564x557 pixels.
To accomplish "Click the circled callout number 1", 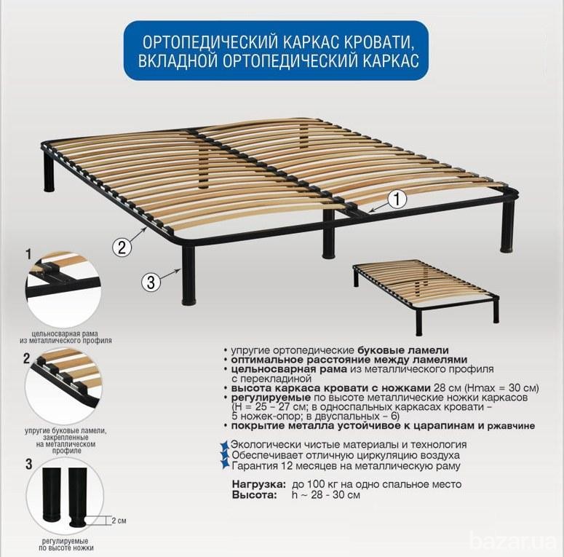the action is tap(397, 199).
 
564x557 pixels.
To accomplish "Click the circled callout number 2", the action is tap(122, 248).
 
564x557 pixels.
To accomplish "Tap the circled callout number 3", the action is tap(151, 282).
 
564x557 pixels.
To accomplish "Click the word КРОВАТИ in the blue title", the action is tap(376, 42).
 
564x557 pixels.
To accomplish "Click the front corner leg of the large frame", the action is tap(188, 274).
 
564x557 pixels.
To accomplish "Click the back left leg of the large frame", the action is tap(49, 170).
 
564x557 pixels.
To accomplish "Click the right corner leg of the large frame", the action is tap(507, 226).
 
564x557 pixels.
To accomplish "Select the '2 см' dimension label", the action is tap(119, 521).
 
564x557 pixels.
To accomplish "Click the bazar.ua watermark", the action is tap(514, 542).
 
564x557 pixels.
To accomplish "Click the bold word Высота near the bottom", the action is tap(254, 495).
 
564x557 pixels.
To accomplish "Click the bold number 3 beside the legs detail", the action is tap(29, 465).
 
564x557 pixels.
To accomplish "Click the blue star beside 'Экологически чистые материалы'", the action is tap(225, 445).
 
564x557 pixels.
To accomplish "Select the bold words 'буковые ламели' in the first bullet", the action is tap(403, 350).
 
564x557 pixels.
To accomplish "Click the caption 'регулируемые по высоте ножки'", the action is tap(65, 545).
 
